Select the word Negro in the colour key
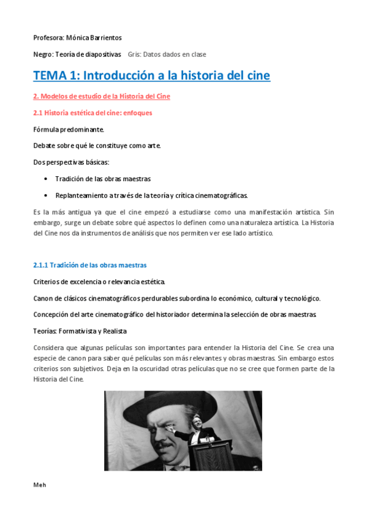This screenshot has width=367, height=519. pyautogui.click(x=43, y=54)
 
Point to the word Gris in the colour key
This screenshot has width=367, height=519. pyautogui.click(x=134, y=54)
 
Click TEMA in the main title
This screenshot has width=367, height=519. pyautogui.click(x=51, y=76)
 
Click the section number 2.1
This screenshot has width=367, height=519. pyautogui.click(x=38, y=113)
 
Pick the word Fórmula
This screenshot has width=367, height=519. pyautogui.click(x=48, y=129)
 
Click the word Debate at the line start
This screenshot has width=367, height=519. pyautogui.click(x=44, y=146)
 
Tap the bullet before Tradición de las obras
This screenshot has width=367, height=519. pyautogui.click(x=47, y=179)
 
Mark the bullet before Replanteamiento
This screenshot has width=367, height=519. pyautogui.click(x=47, y=195)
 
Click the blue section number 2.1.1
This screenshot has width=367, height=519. pyautogui.click(x=40, y=265)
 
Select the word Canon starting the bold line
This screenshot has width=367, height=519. pyautogui.click(x=43, y=298)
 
